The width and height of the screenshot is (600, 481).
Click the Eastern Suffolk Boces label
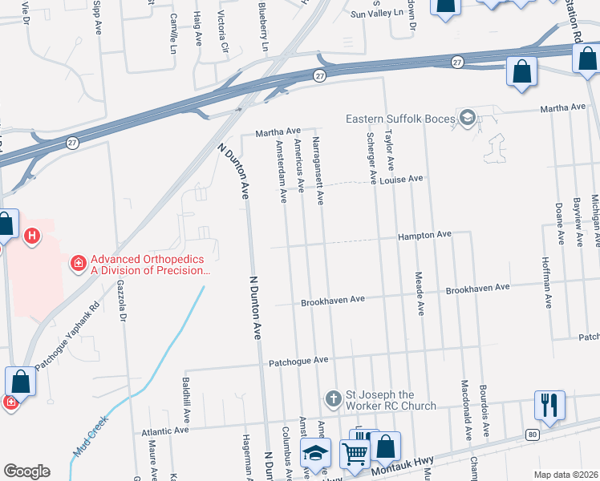(399, 119)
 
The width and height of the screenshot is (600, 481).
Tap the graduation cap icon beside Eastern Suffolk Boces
(467, 119)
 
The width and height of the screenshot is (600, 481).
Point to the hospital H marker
(32, 236)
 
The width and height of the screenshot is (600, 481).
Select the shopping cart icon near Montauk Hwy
(355, 453)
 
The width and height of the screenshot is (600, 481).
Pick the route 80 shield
(532, 435)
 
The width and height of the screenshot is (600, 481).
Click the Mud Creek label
(90, 437)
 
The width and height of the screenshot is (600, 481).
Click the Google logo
(26, 471)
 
